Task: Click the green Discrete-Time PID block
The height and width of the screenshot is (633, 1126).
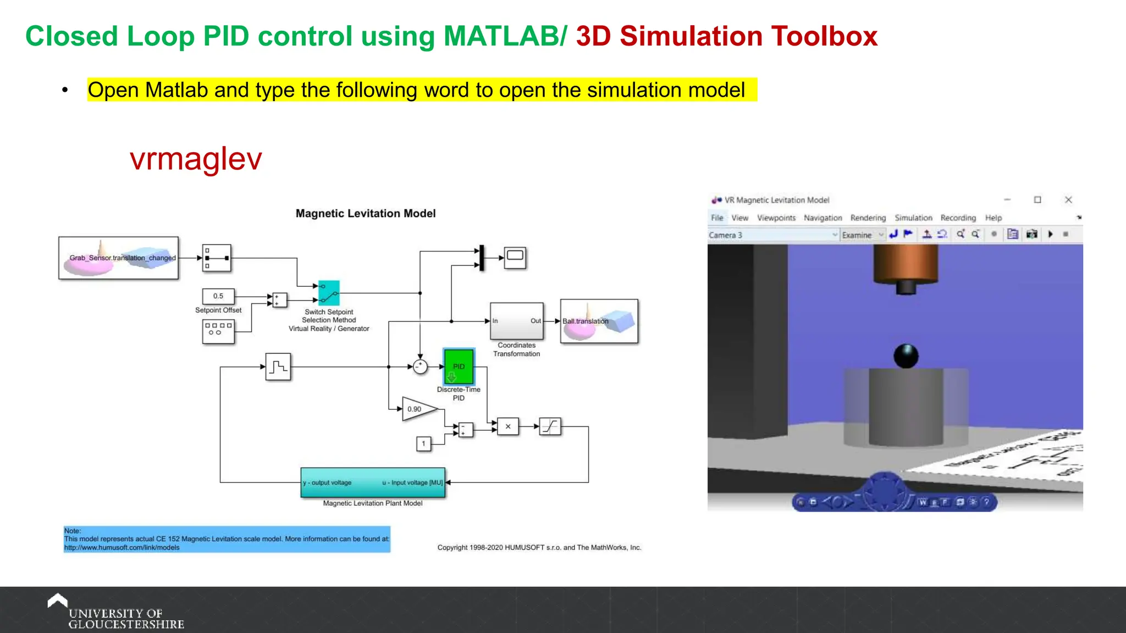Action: point(459,367)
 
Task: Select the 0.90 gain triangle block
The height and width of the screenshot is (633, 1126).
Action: point(418,409)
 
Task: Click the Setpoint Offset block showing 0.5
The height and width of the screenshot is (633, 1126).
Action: point(218,296)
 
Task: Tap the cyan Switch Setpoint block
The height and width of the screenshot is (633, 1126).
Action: point(329,293)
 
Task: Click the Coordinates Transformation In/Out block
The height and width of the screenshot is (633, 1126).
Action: point(516,321)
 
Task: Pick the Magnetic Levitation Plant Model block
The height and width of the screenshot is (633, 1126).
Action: point(373,482)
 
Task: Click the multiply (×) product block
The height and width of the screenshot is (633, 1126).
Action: point(507,426)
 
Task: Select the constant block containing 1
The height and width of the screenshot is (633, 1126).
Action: point(423,443)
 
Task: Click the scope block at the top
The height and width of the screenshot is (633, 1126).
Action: point(515,257)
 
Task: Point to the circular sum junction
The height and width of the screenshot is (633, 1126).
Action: point(420,367)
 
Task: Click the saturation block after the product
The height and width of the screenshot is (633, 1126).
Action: point(550,426)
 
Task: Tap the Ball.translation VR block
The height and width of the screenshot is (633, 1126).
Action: point(599,321)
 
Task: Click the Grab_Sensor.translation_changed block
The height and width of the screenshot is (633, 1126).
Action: point(119,258)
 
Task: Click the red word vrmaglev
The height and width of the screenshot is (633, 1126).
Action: point(196,159)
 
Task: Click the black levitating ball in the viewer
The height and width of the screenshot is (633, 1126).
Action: point(906,356)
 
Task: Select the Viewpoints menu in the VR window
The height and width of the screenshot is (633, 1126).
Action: point(776,218)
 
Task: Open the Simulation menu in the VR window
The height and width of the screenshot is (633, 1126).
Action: point(913,218)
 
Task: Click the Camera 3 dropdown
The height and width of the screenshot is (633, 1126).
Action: point(772,235)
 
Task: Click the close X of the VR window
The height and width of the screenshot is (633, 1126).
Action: point(1068,200)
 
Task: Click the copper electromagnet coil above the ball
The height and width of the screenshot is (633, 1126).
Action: point(906,264)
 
